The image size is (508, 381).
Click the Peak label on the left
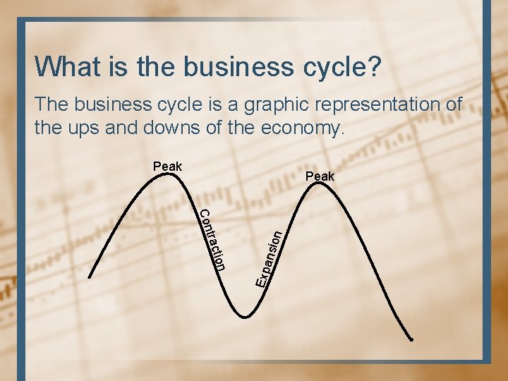[167, 167]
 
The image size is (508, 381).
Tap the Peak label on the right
[321, 176]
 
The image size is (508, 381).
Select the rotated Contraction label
[212, 240]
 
